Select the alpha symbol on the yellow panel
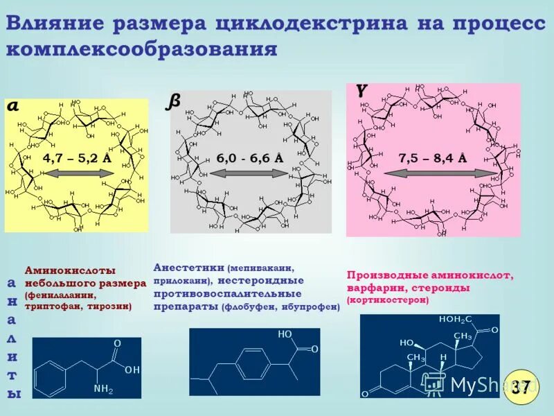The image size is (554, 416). pyautogui.click(x=14, y=106)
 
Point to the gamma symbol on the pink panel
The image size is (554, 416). pyautogui.click(x=361, y=90)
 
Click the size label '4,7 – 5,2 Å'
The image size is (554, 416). pyautogui.click(x=77, y=157)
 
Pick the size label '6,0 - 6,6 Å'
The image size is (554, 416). pyautogui.click(x=249, y=157)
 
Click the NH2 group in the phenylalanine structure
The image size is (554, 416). pyautogui.click(x=103, y=389)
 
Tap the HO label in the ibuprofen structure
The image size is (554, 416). pyautogui.click(x=285, y=333)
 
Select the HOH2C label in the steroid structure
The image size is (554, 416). pyautogui.click(x=455, y=320)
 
